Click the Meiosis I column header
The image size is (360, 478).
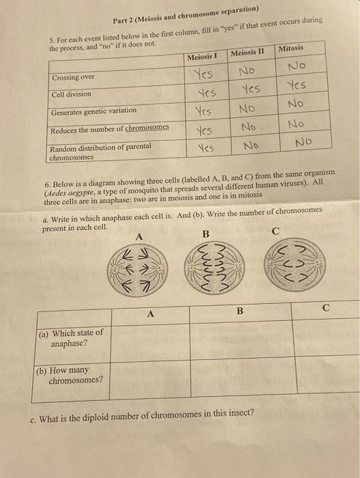(203, 57)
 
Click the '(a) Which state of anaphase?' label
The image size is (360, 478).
(72, 337)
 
